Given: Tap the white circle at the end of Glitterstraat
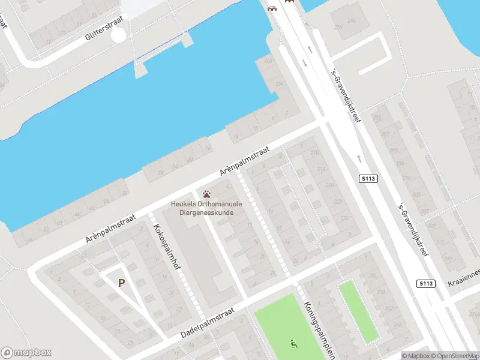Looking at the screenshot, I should click(x=119, y=35).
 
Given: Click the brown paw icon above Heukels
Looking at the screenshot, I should click(x=207, y=194).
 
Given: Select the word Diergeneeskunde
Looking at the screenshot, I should click(x=202, y=212).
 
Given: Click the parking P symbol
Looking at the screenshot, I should click(x=121, y=283).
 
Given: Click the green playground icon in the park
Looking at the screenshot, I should click(x=294, y=344).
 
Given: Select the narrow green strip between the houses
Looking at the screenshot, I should click(x=358, y=311).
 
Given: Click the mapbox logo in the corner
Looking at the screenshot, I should click(x=26, y=353).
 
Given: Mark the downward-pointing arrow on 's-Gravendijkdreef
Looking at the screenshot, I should click(x=305, y=64).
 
